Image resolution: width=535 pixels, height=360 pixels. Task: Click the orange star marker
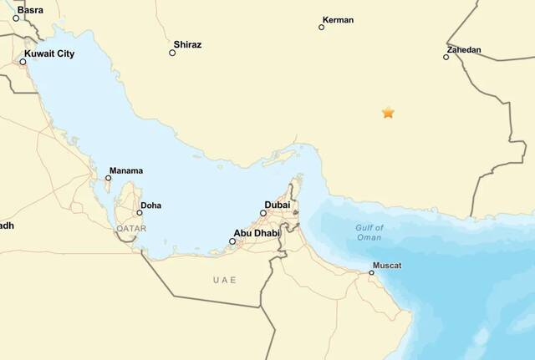point(388,112)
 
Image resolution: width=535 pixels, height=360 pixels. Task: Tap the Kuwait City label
point(50,53)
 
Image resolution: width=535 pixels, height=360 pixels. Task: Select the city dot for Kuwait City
point(23,62)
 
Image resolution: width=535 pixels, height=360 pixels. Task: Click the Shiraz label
point(187,44)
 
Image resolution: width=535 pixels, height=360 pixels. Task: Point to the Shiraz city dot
point(172,53)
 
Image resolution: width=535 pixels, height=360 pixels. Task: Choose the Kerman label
point(338,19)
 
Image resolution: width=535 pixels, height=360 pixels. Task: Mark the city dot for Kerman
point(321,28)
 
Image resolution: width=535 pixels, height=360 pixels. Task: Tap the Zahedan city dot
point(446,57)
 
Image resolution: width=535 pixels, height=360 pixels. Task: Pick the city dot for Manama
point(108,178)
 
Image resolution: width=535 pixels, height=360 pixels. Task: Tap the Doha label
point(151,205)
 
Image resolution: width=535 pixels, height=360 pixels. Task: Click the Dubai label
point(278,205)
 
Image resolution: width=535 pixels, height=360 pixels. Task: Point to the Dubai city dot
point(262,213)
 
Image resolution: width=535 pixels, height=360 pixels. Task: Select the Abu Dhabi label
point(257,233)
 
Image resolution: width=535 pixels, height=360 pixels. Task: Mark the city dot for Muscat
point(371,272)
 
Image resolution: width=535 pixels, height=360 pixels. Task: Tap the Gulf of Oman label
point(369,232)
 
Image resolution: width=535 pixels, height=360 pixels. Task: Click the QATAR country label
point(131,228)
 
